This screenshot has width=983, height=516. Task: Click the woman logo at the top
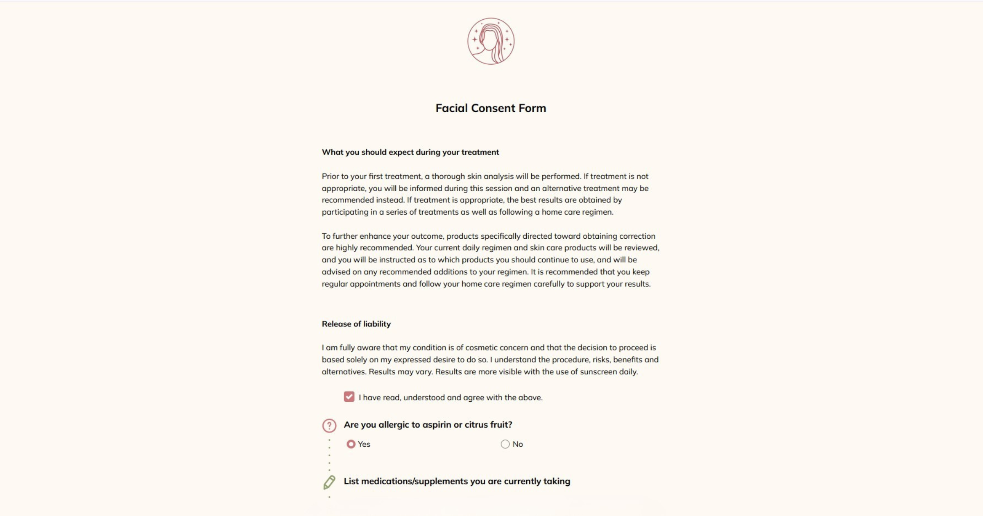pyautogui.click(x=491, y=41)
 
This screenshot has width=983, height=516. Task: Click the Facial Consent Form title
pyautogui.click(x=491, y=108)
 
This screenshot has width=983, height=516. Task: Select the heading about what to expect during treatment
pyautogui.click(x=410, y=152)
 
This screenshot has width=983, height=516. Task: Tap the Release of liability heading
pyautogui.click(x=356, y=324)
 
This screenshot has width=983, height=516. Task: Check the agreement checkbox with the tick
pyautogui.click(x=349, y=397)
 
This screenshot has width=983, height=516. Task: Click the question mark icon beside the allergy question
pyautogui.click(x=329, y=425)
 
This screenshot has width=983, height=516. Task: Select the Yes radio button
pyautogui.click(x=351, y=444)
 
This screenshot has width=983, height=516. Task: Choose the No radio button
pyautogui.click(x=505, y=444)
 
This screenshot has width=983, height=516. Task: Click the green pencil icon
pyautogui.click(x=329, y=482)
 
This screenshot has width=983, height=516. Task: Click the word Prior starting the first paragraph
pyautogui.click(x=330, y=177)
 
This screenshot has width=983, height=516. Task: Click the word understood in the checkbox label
pyautogui.click(x=424, y=398)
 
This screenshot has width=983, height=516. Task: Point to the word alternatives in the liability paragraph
pyautogui.click(x=343, y=372)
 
